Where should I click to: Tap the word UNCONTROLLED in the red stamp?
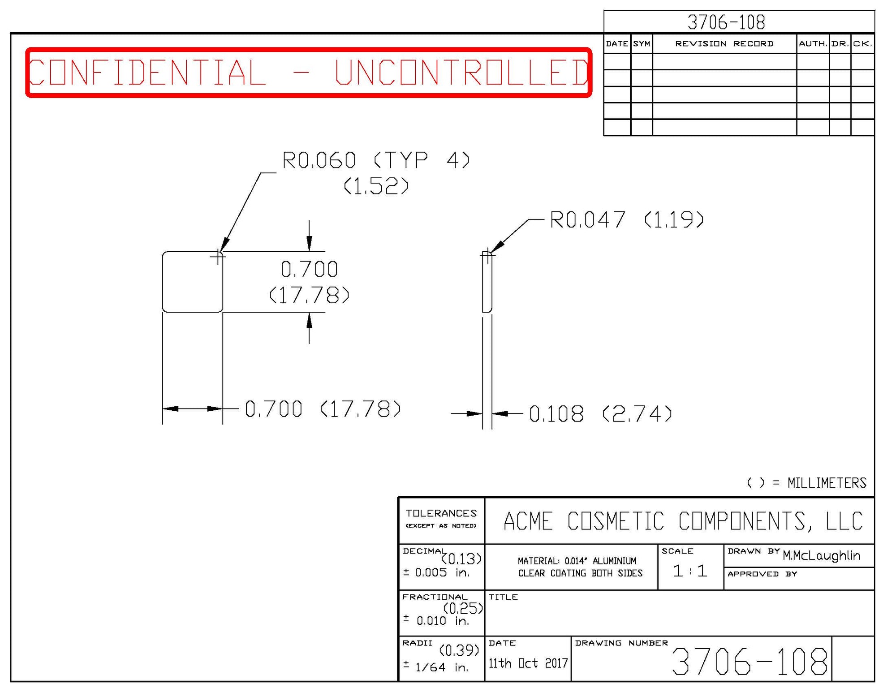click(461, 72)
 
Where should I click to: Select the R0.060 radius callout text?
click(319, 160)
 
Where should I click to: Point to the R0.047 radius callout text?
click(587, 220)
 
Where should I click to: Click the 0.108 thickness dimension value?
click(556, 414)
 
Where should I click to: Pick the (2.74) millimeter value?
click(637, 414)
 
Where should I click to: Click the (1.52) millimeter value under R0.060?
click(376, 186)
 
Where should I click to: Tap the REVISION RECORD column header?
click(724, 43)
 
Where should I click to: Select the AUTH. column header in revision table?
click(813, 43)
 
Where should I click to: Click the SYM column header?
click(642, 43)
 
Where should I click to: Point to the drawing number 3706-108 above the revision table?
click(726, 22)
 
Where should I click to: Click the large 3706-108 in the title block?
click(750, 662)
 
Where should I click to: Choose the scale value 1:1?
click(690, 571)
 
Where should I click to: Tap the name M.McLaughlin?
click(821, 555)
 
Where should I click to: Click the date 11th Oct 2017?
click(528, 663)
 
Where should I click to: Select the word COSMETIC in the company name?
click(616, 521)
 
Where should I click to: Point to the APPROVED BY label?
click(762, 574)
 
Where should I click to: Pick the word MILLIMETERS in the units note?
click(827, 483)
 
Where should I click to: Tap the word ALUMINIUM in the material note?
click(614, 561)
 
